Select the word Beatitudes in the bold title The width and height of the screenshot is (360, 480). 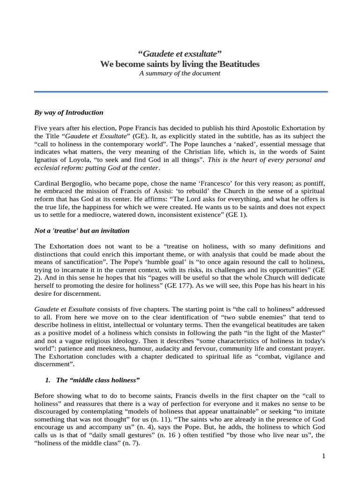pos(237,64)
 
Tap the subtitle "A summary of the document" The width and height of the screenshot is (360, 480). pos(180,73)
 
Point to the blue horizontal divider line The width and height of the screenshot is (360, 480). pos(180,92)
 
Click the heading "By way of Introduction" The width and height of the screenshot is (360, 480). pos(69,112)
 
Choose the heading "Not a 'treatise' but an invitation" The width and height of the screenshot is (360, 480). pos(82,231)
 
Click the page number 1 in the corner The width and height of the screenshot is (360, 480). pos(323,456)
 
